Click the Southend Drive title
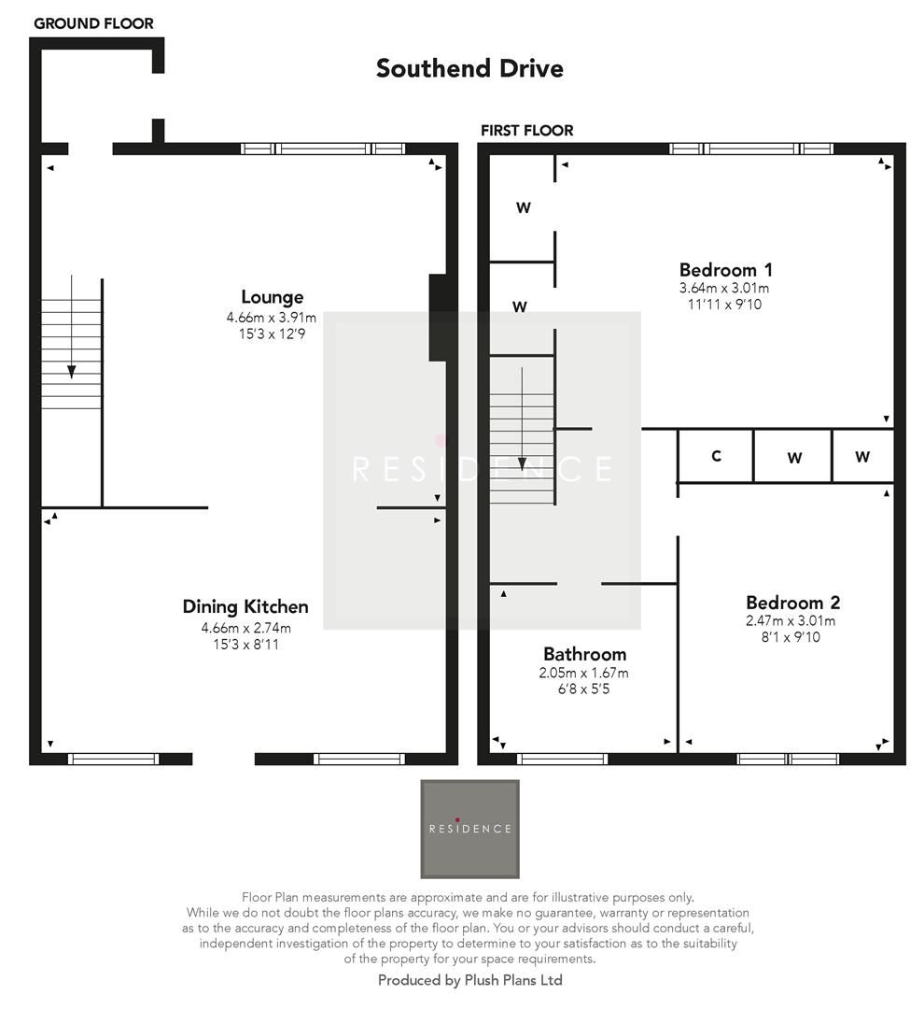coord(469,68)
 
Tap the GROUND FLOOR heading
coord(93,23)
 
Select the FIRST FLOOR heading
coord(526,131)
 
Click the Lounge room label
coord(272,297)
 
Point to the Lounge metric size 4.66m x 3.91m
coord(272,318)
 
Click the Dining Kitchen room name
coord(245,607)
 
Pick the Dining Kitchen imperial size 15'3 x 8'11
coord(245,644)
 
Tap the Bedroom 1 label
coord(725,270)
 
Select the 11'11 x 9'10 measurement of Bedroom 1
coord(725,304)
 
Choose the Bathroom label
coord(585,654)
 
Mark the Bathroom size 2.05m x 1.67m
coord(585,673)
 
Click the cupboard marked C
coord(716,456)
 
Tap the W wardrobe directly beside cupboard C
coord(793,457)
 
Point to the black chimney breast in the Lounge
coord(437,318)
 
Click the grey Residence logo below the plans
coord(469,829)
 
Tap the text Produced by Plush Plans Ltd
coord(469,980)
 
